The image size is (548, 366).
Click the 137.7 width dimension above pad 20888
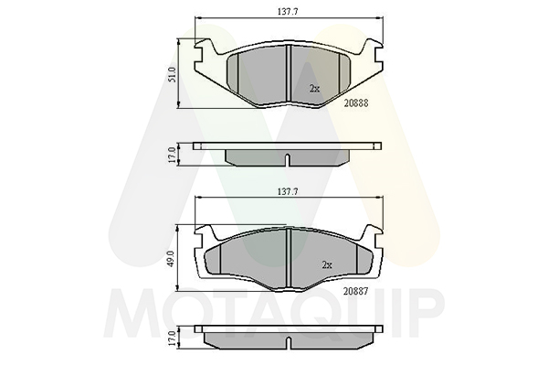[x=288, y=12]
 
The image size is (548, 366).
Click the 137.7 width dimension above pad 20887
[x=288, y=191]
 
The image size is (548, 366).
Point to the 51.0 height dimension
[x=172, y=74]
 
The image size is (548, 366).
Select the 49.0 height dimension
[x=172, y=258]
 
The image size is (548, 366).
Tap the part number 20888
[x=356, y=103]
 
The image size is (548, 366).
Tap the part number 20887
[x=356, y=291]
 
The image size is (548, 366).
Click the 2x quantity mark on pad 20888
[x=314, y=89]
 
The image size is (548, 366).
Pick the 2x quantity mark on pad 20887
[x=327, y=265]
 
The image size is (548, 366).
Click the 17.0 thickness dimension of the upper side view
[x=172, y=155]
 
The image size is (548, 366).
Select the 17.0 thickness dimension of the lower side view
[x=172, y=339]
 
